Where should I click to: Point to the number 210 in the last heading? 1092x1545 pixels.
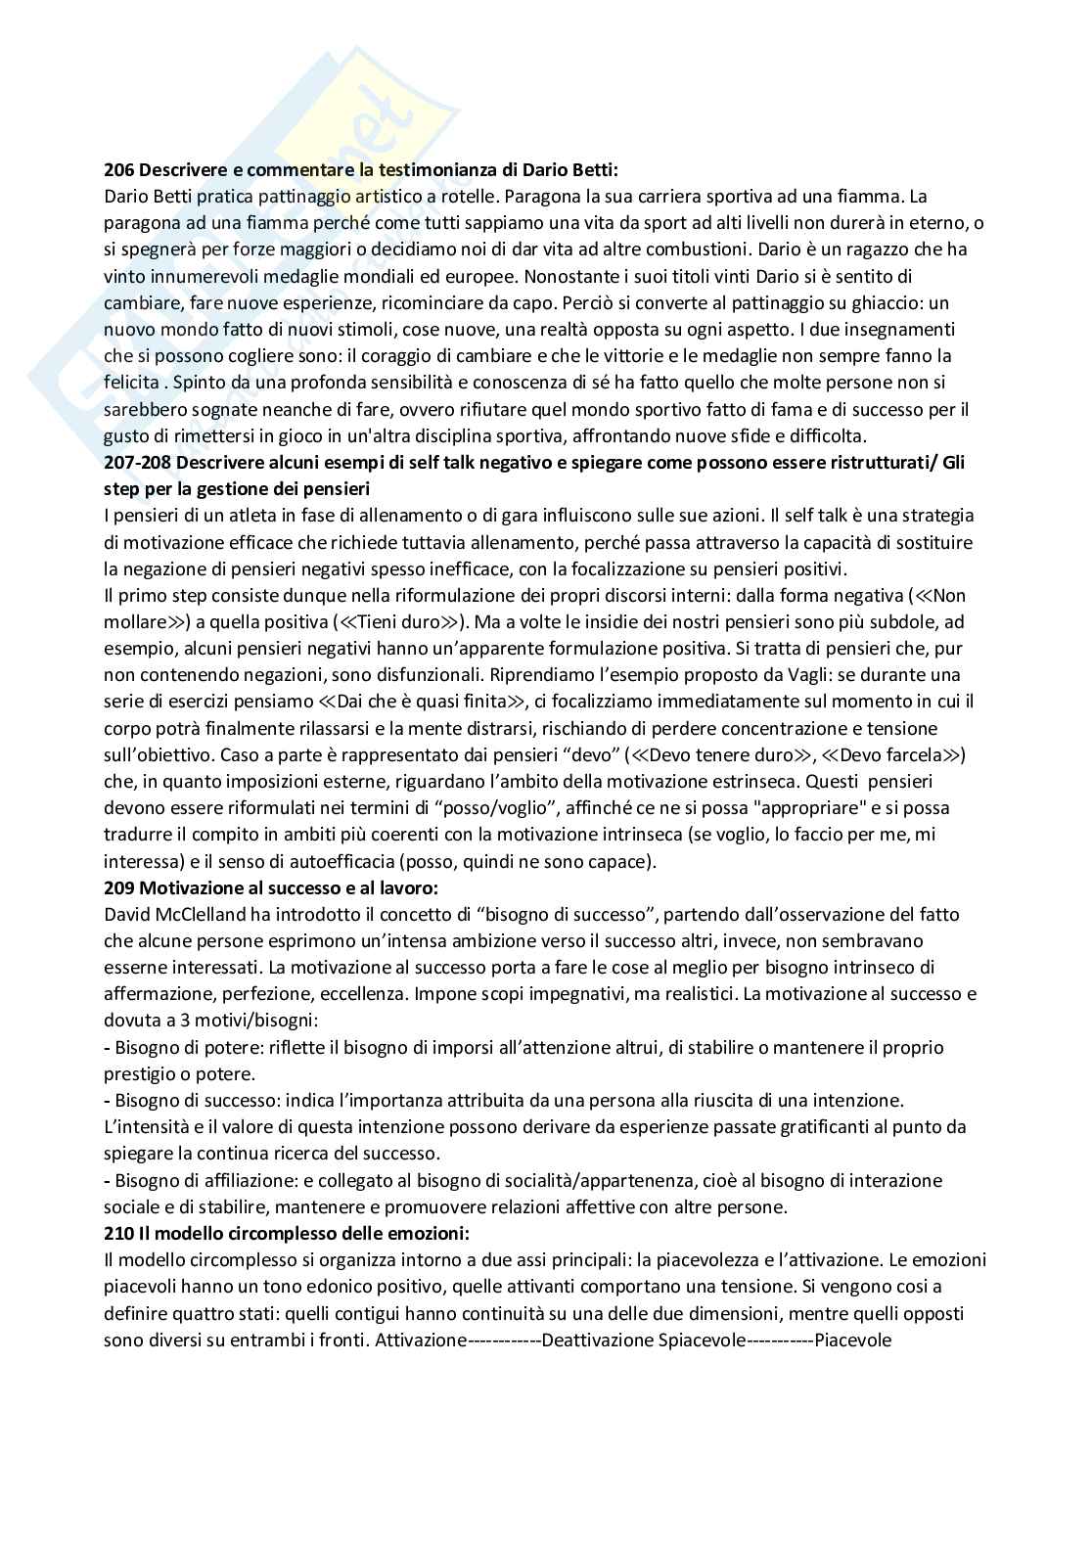point(119,1233)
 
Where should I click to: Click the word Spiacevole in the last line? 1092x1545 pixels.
point(703,1341)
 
